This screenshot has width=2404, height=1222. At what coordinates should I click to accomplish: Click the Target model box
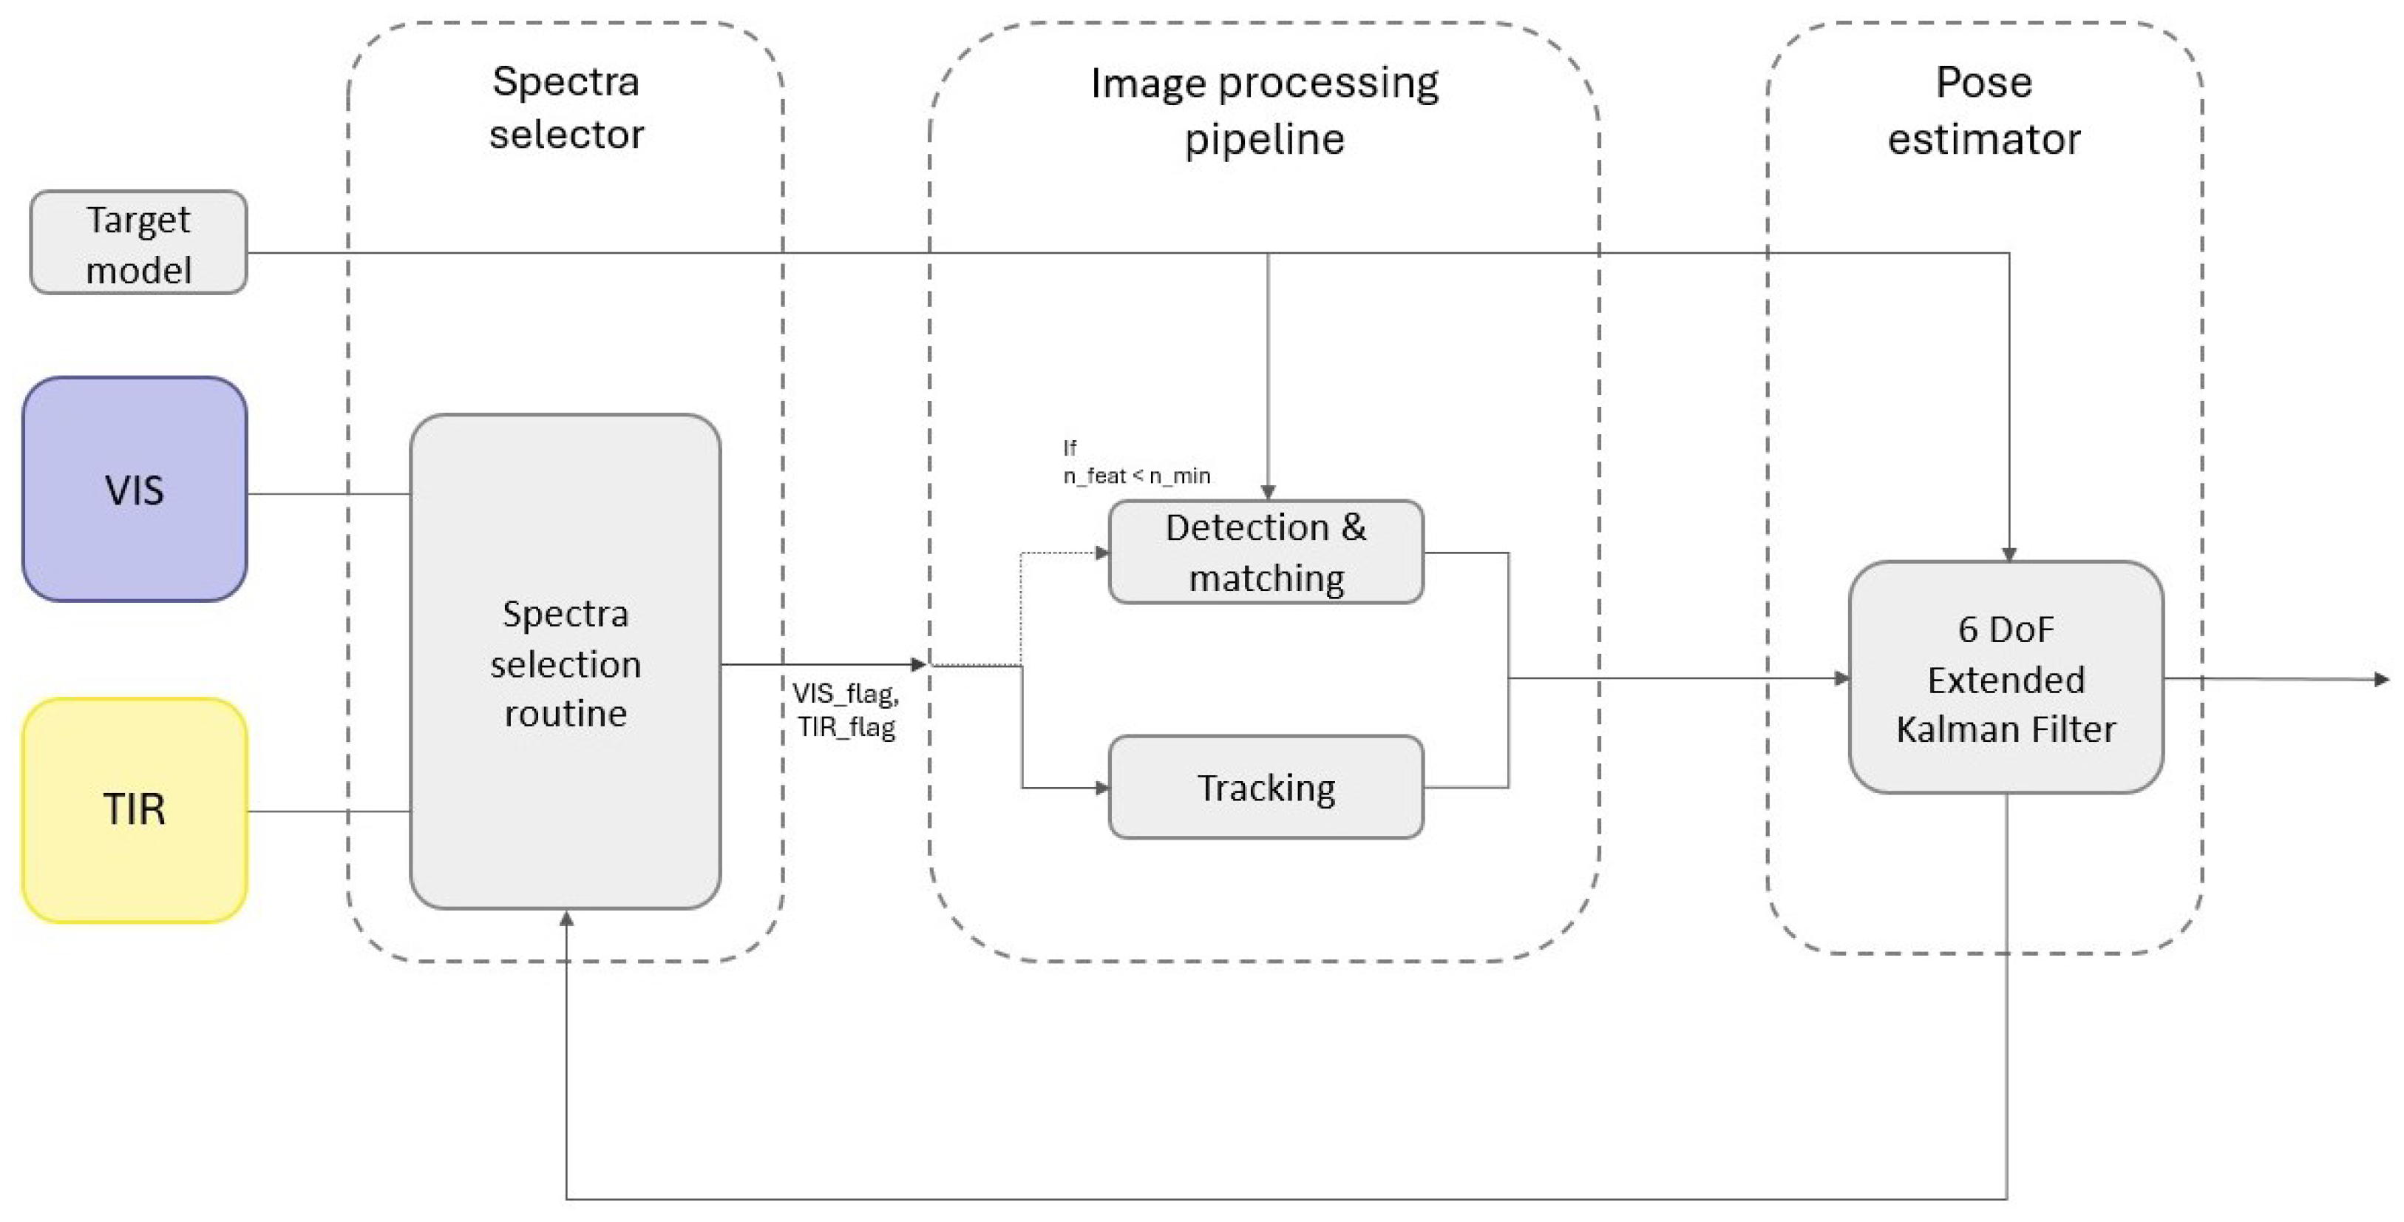138,243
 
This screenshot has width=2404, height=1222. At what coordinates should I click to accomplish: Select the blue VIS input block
135,489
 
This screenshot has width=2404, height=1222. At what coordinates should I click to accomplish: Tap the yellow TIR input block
135,809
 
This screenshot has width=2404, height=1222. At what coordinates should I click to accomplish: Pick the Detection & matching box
1266,552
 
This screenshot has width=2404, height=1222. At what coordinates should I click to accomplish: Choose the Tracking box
1266,787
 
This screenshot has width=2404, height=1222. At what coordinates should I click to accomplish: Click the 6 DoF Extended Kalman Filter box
2006,678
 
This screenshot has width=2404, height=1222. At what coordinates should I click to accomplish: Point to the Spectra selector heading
566,107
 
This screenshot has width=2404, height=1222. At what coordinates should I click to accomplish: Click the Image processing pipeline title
1265,110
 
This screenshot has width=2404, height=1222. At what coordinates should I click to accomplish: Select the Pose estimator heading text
1984,110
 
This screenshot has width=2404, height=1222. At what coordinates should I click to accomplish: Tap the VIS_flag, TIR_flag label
846,709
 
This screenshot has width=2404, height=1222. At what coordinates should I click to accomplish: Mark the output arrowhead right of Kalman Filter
2380,680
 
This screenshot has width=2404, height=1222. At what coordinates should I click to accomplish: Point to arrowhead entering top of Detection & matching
1267,491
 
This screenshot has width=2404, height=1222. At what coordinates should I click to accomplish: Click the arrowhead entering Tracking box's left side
1101,788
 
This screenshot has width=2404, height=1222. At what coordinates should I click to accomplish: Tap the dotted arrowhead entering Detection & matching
1101,553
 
